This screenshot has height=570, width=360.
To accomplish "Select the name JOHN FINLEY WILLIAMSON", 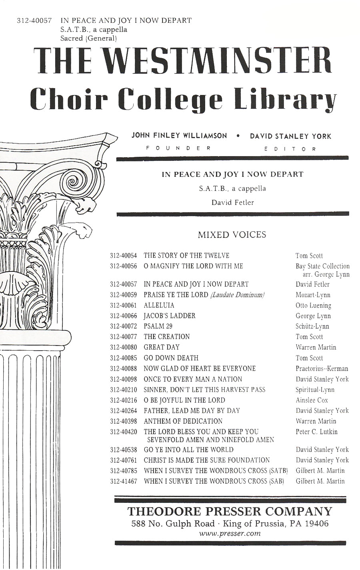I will point(179,136).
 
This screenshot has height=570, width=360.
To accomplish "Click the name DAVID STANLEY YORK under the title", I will point(291,136).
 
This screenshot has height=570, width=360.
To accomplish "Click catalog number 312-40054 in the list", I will point(123,256).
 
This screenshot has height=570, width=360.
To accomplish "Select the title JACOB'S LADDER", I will point(170,316).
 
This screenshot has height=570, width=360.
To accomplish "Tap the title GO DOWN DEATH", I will point(171,358).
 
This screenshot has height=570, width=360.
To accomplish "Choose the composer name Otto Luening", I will point(314,305).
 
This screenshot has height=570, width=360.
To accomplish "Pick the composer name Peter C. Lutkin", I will point(316,432).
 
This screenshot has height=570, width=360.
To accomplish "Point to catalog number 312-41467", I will point(123,481).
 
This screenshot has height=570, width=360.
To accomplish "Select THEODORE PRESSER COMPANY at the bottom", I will point(230,511).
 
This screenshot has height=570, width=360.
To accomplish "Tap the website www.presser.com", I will point(230,533).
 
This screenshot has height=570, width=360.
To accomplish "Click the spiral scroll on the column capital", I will point(74,181).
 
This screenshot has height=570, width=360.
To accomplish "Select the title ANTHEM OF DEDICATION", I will point(183,421).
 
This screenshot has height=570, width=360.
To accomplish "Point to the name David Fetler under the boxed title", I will point(232,202).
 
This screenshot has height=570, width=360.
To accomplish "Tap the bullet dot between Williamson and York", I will point(238,136).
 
